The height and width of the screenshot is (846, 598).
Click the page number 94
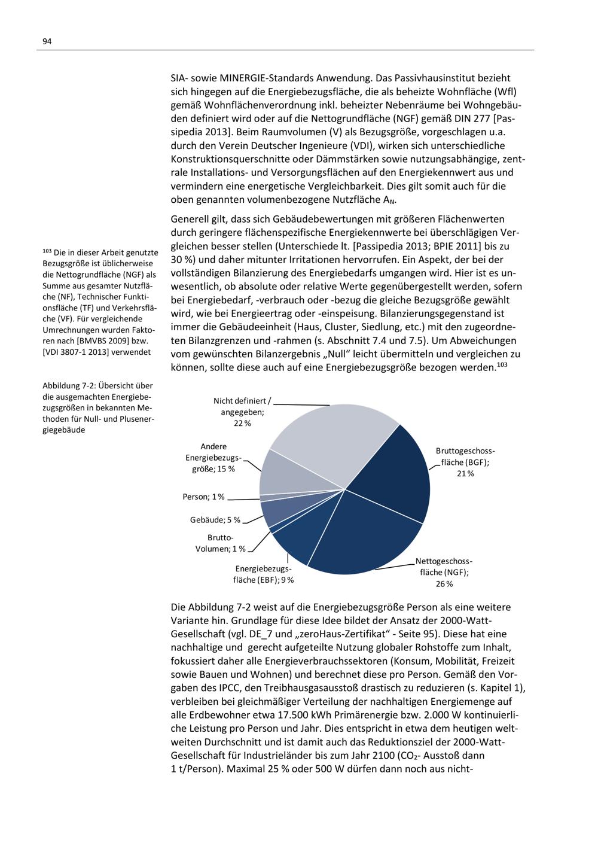tap(47, 41)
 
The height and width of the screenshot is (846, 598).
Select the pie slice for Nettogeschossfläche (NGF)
tap(359, 538)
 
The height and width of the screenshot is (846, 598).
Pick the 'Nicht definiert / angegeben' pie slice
tap(329, 437)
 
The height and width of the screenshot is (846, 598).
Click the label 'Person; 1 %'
tap(204, 497)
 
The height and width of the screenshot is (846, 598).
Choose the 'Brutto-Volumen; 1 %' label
tap(221, 543)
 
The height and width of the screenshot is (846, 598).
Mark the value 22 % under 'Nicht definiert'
tap(242, 423)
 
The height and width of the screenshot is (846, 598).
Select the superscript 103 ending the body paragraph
tap(502, 364)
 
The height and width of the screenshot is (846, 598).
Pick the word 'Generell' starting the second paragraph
tap(190, 219)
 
